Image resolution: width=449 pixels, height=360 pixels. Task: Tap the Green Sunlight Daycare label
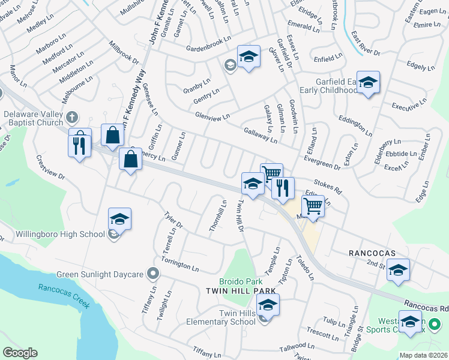pos(99,275)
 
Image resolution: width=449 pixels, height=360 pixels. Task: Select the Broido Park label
pos(241,281)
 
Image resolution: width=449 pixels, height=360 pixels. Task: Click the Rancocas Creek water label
pos(64,296)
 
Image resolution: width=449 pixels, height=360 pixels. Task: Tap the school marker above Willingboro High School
pos(119,220)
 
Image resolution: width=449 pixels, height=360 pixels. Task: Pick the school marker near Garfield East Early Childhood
pos(368,83)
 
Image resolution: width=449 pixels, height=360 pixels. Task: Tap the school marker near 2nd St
pos(397,271)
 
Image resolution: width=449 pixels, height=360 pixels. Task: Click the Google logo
pos(20,353)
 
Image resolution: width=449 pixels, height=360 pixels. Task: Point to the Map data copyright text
pos(423,355)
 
